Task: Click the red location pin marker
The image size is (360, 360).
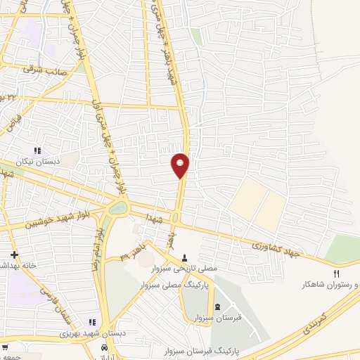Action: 180,164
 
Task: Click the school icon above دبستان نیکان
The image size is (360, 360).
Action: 38,150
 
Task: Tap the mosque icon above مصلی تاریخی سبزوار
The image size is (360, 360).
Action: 185,257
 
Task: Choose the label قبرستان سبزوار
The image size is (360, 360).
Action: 217,317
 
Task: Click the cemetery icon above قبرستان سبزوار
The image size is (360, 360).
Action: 217,307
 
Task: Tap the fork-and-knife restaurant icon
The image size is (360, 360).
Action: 336,274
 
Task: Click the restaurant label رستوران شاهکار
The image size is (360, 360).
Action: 330,284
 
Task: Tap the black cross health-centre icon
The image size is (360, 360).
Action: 13,254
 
